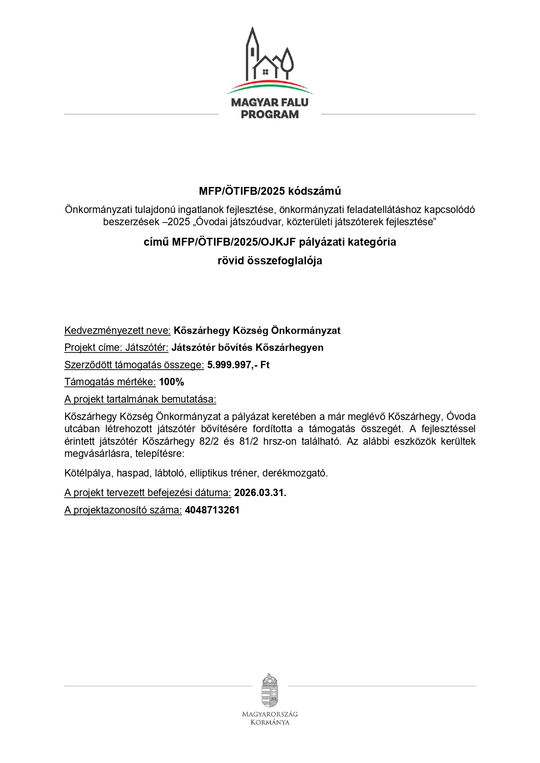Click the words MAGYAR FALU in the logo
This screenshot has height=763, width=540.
point(270,103)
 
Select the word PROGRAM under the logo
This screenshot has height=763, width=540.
point(270,115)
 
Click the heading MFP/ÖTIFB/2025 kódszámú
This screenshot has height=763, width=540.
point(270,191)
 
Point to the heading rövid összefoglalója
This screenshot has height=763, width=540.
point(270,261)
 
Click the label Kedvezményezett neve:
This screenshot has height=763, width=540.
point(117,330)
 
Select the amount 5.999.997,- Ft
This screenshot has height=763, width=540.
point(238,365)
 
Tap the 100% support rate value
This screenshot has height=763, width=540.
point(171,382)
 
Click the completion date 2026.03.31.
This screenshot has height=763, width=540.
point(260,493)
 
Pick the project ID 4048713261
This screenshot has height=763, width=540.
point(212,510)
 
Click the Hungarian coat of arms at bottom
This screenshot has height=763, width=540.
point(270,691)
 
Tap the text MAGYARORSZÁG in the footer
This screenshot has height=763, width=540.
point(270,714)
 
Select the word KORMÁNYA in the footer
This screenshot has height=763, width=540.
point(270,723)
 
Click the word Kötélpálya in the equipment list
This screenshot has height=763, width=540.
point(88,473)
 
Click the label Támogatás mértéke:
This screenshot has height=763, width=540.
point(110,382)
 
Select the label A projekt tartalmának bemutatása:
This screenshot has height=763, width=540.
point(140,399)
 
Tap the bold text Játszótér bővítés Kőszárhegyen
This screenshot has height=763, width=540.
point(247,348)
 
